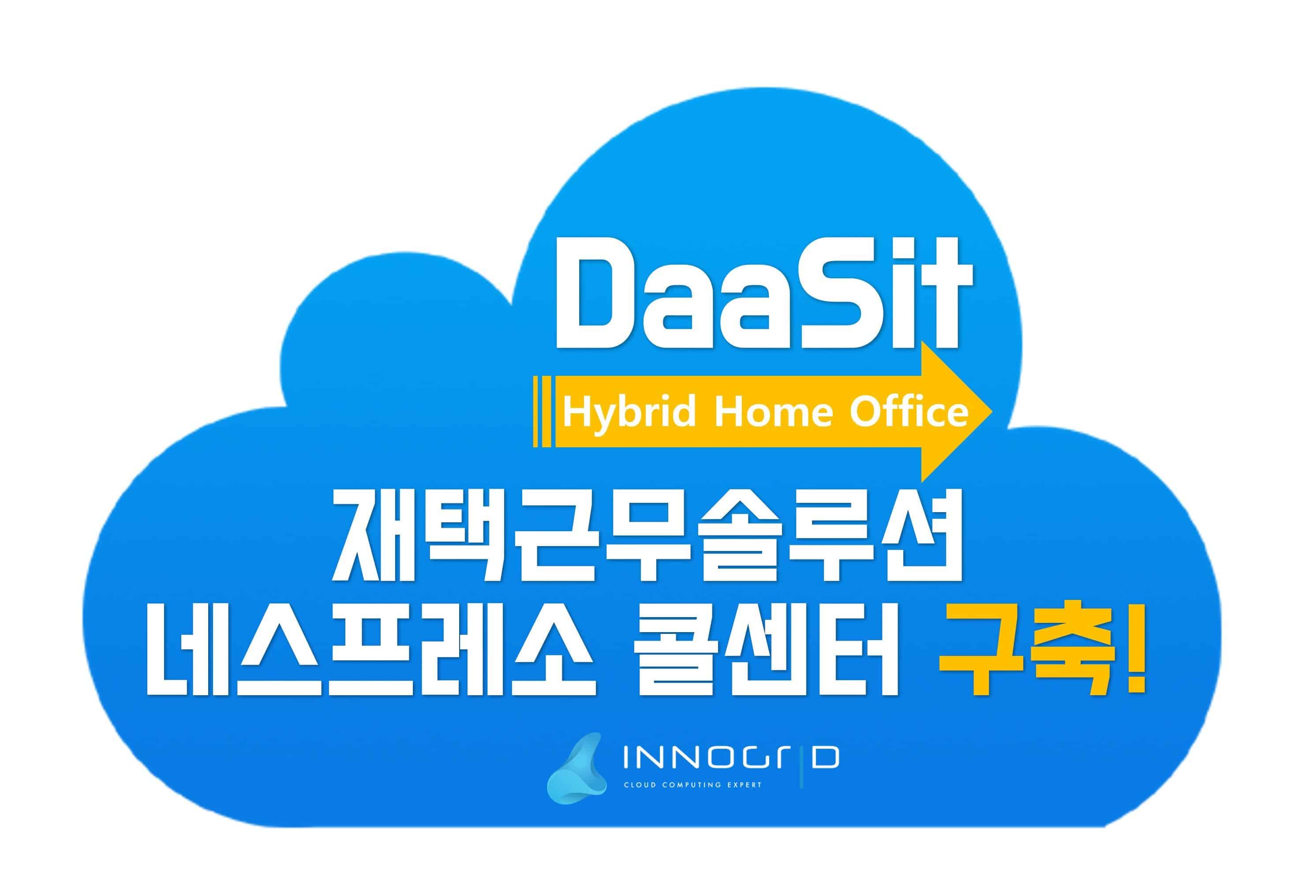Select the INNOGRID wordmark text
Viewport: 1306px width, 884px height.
point(730,758)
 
